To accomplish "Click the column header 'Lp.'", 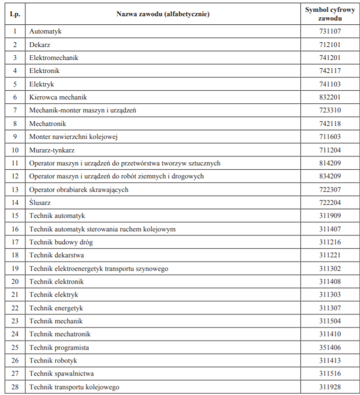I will click(15, 14).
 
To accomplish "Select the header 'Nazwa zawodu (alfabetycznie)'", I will click(162, 14).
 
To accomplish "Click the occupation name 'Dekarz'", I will click(39, 44).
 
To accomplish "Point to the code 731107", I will click(330, 31).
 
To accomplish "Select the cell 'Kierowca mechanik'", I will click(58, 97).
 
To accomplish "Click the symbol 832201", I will click(330, 97).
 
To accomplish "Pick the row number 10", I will click(15, 150).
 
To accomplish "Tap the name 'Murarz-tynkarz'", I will click(52, 150).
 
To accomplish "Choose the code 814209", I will click(330, 163).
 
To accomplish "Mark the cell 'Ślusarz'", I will click(40, 203).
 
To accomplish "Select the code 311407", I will click(330, 229).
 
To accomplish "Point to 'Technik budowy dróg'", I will click(62, 242).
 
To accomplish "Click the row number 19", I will click(15, 269).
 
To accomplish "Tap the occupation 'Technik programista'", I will click(59, 347).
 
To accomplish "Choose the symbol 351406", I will click(330, 347).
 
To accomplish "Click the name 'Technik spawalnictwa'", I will click(62, 374).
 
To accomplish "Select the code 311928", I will click(330, 387).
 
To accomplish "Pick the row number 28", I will click(15, 387).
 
